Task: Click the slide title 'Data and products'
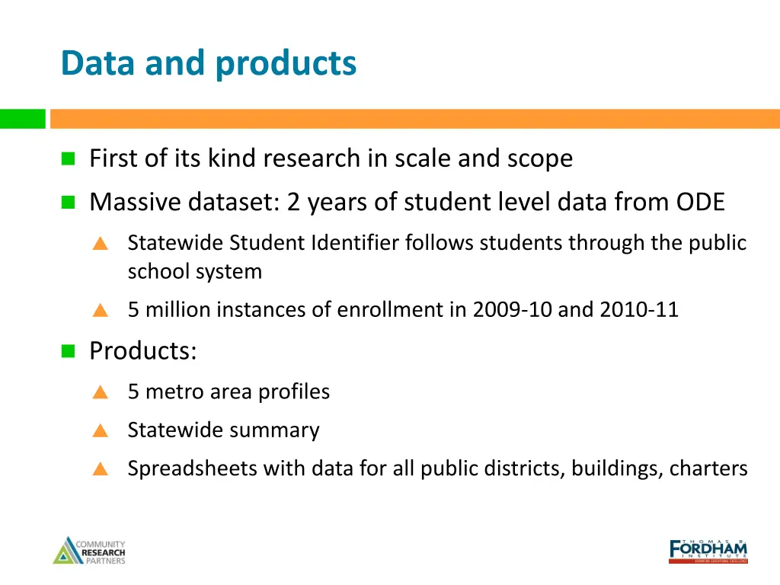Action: point(208,62)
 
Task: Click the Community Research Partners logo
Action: point(89,551)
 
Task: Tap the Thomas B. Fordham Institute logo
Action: point(708,550)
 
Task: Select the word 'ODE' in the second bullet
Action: point(700,202)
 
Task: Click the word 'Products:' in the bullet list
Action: point(143,350)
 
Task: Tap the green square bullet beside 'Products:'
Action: point(69,351)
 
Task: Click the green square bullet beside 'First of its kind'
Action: point(69,158)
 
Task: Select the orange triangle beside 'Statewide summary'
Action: point(100,431)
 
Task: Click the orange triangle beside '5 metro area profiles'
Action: point(100,393)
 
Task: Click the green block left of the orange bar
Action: point(22,119)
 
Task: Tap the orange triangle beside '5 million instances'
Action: point(100,311)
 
